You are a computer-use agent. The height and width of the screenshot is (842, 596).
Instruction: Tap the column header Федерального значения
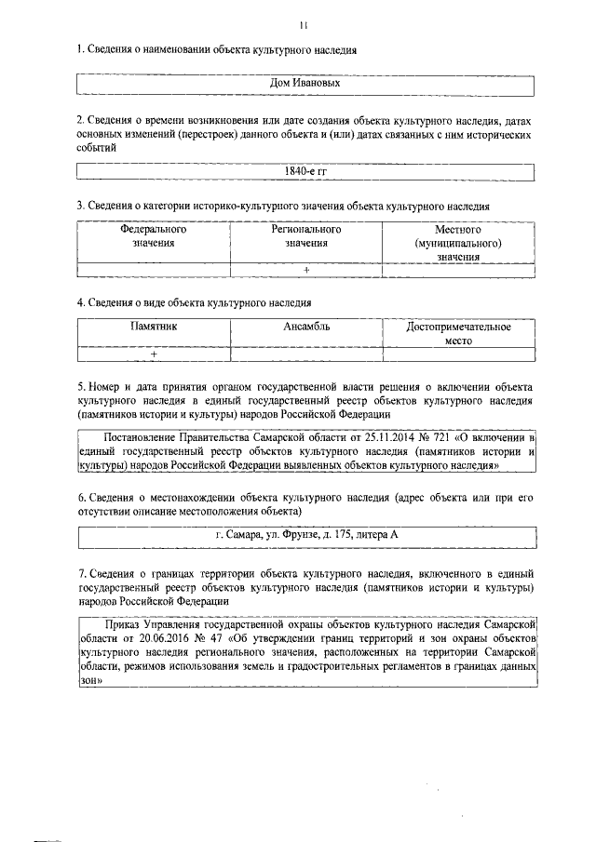point(153,236)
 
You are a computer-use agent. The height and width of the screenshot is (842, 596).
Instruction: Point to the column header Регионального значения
point(306,236)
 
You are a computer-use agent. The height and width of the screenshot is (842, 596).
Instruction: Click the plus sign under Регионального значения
point(306,271)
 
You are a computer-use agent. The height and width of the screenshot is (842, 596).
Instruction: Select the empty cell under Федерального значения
point(153,271)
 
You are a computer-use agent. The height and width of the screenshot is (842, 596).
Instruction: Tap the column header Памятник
point(153,327)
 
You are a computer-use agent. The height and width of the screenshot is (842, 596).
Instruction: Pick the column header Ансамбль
point(306,327)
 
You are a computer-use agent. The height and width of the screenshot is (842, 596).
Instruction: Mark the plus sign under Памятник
point(153,354)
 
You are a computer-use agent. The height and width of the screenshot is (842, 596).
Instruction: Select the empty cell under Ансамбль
point(306,354)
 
